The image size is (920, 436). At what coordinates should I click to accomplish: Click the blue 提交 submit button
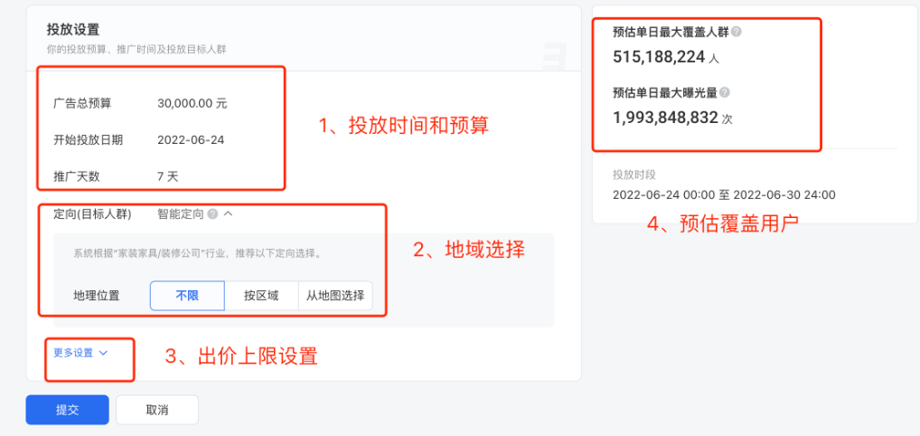coord(67,410)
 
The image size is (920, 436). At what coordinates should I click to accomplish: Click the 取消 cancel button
coord(156,410)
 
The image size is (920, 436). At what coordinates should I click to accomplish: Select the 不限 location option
coord(187,295)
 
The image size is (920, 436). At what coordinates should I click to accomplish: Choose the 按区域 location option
coord(261,295)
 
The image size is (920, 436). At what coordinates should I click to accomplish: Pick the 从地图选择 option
coord(334,295)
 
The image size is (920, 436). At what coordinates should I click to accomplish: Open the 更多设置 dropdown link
coord(78,353)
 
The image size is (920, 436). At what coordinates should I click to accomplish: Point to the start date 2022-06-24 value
coord(191,140)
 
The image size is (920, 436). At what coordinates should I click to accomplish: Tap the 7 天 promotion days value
coord(167,176)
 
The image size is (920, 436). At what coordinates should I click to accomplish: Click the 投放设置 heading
coord(73,30)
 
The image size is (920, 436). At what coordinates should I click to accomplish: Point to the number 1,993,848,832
coord(665,117)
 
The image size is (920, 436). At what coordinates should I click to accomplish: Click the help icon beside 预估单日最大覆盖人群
coord(736,32)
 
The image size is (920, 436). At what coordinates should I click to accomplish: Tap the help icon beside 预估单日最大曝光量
coord(725,92)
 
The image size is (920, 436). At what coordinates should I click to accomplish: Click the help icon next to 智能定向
coord(211,214)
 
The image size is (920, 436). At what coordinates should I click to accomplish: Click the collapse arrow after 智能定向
coord(228,214)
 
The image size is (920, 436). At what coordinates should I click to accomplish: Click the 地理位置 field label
coord(97,295)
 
